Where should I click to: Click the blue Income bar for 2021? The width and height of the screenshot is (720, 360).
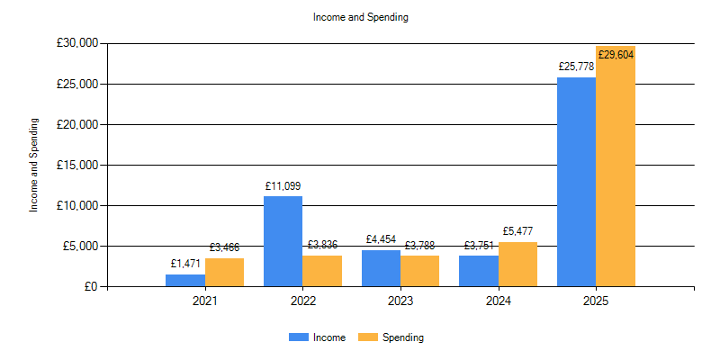click(184, 280)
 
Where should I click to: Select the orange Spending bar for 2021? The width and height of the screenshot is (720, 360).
click(224, 272)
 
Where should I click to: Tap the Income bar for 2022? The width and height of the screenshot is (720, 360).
click(283, 241)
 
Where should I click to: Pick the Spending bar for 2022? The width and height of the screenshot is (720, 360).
click(322, 271)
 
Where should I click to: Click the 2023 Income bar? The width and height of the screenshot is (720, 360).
click(381, 268)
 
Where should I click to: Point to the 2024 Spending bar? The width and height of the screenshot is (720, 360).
click(517, 264)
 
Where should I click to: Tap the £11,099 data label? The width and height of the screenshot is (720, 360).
click(283, 186)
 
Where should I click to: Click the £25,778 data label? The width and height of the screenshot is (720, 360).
click(576, 67)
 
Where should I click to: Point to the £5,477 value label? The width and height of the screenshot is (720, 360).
click(517, 231)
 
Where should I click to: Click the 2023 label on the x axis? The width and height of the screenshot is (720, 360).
click(400, 301)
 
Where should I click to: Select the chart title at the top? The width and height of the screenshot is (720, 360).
click(360, 17)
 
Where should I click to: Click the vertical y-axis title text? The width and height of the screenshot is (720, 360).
click(34, 165)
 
